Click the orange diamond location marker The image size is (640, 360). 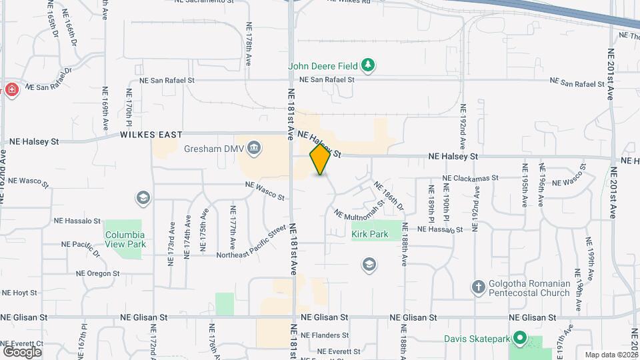(321, 159)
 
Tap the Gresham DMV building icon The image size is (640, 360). (253, 147)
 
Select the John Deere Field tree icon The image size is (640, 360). (367, 65)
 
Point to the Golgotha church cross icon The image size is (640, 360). (477, 288)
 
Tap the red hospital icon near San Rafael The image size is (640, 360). (11, 90)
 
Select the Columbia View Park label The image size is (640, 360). (125, 239)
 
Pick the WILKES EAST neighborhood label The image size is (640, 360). (151, 135)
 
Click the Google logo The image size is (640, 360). (22, 351)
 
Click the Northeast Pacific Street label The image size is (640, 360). (251, 244)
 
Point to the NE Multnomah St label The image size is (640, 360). (359, 208)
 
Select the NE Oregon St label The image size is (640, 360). (97, 273)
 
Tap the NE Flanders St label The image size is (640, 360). (325, 335)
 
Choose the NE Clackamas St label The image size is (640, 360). (470, 178)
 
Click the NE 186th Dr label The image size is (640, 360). (389, 195)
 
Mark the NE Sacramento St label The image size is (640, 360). (214, 2)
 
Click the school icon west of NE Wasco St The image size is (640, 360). (142, 197)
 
